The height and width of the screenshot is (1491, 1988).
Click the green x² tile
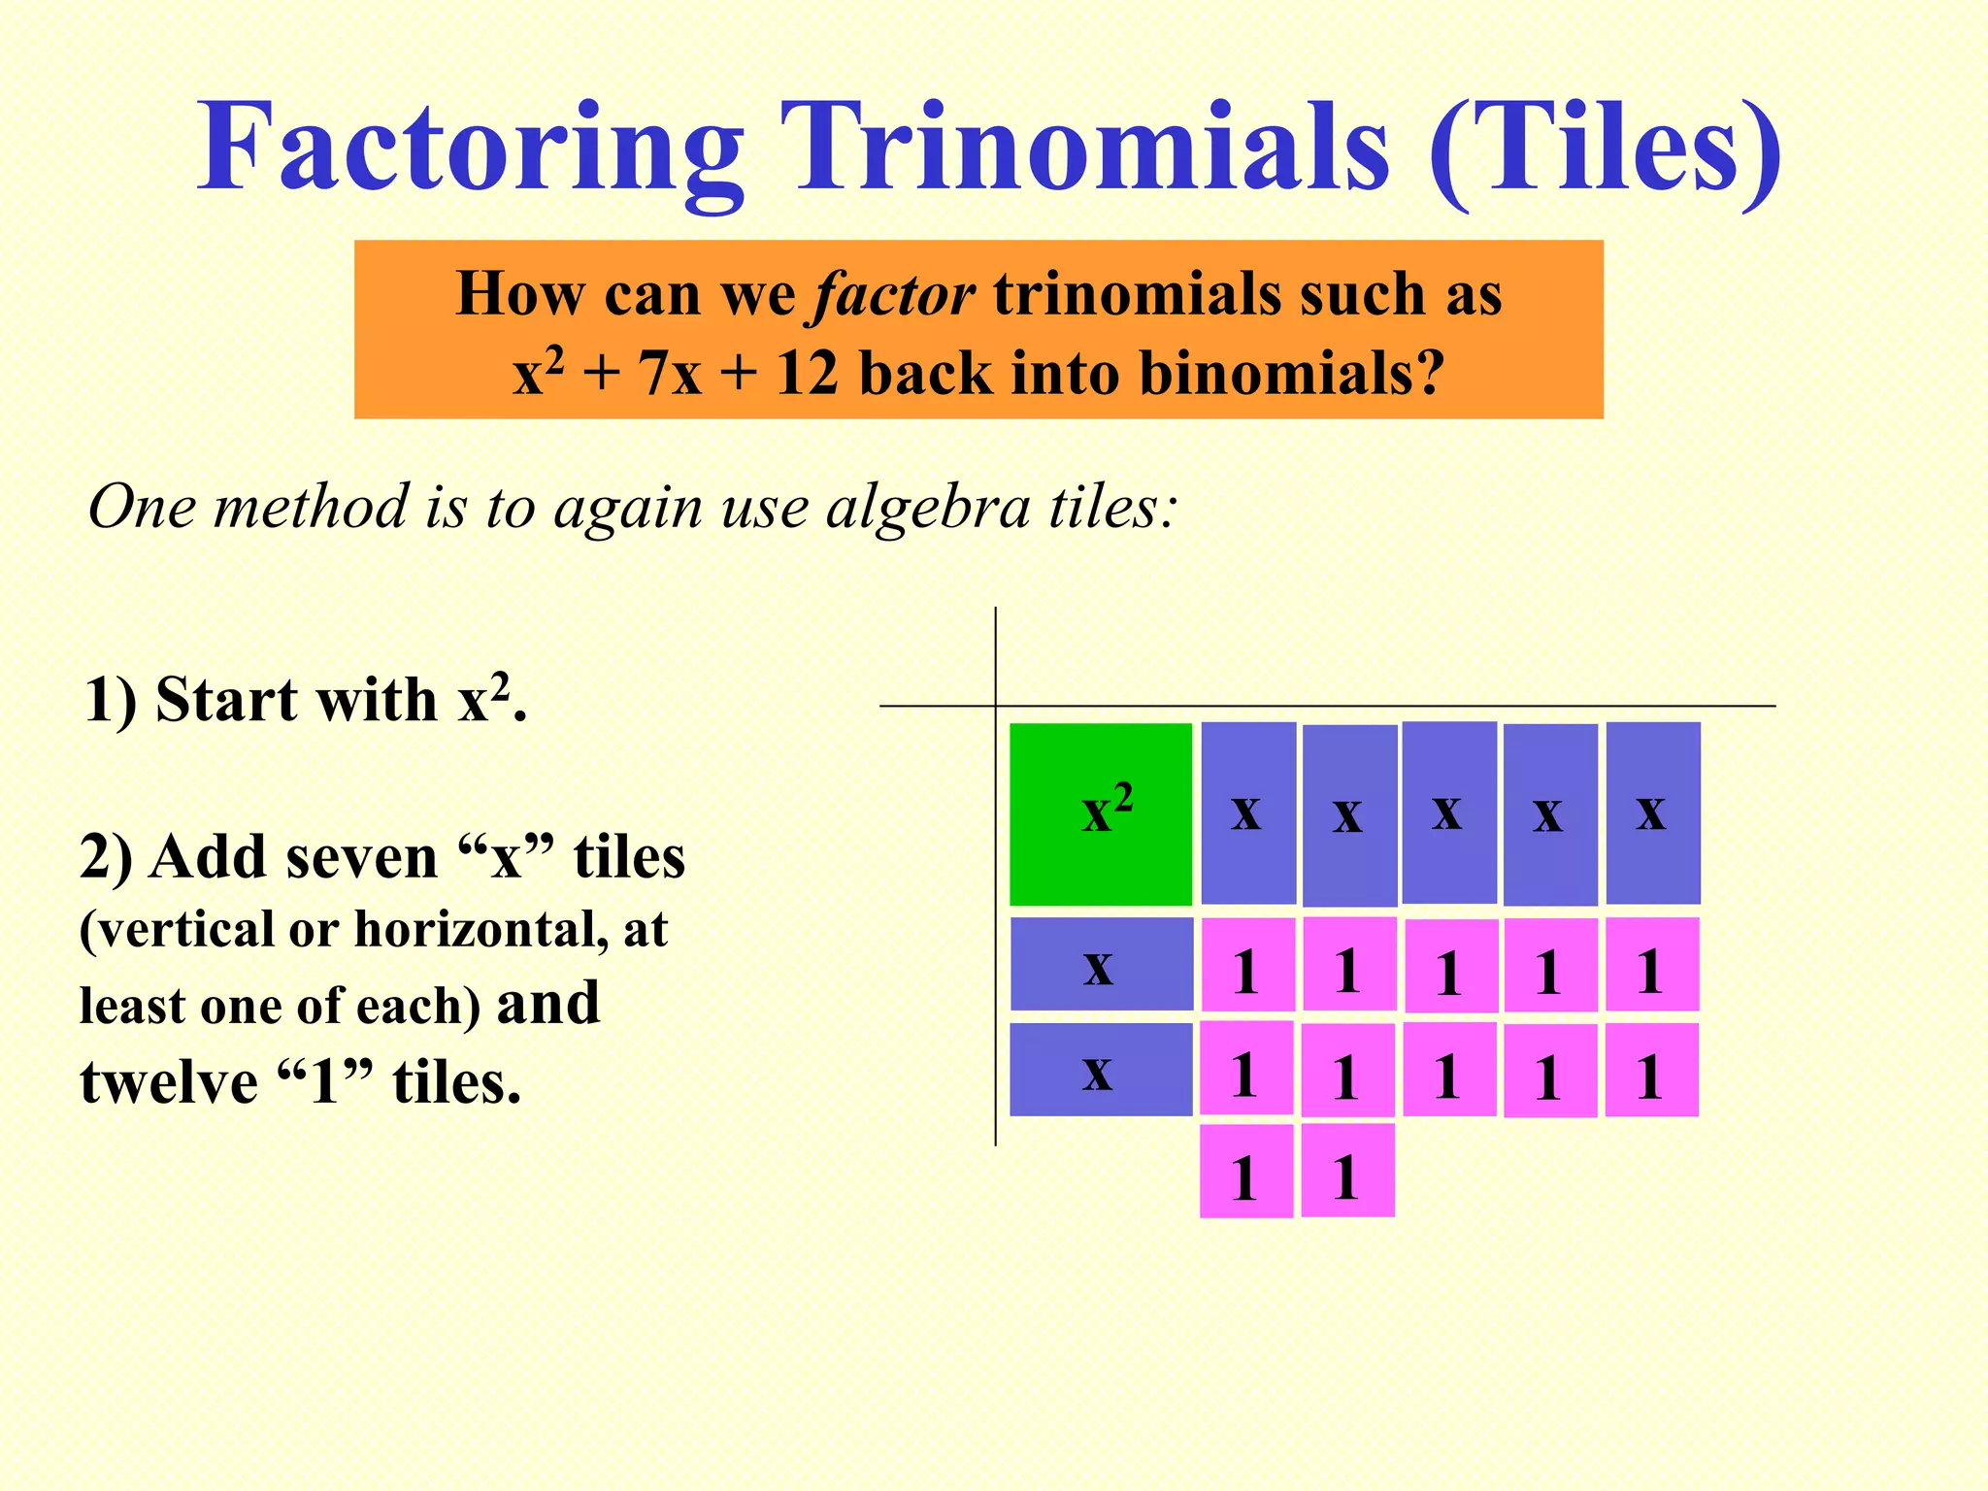tap(1101, 813)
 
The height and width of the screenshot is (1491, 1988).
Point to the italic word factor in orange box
tap(894, 294)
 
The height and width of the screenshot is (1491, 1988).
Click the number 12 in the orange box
tap(807, 374)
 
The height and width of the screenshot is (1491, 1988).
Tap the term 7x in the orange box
tap(669, 374)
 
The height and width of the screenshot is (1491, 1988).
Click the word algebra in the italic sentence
tap(927, 507)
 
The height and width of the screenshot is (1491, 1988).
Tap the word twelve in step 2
tap(168, 1081)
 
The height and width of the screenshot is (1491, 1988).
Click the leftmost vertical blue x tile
tap(1248, 812)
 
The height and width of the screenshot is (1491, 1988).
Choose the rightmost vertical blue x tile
tap(1652, 812)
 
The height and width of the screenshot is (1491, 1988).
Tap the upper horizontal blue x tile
tap(1101, 964)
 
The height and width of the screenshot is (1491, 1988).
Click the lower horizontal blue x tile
tap(1101, 1070)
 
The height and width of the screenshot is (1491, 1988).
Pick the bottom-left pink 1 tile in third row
tap(1246, 1171)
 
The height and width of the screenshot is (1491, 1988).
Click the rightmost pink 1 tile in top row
tap(1652, 965)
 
